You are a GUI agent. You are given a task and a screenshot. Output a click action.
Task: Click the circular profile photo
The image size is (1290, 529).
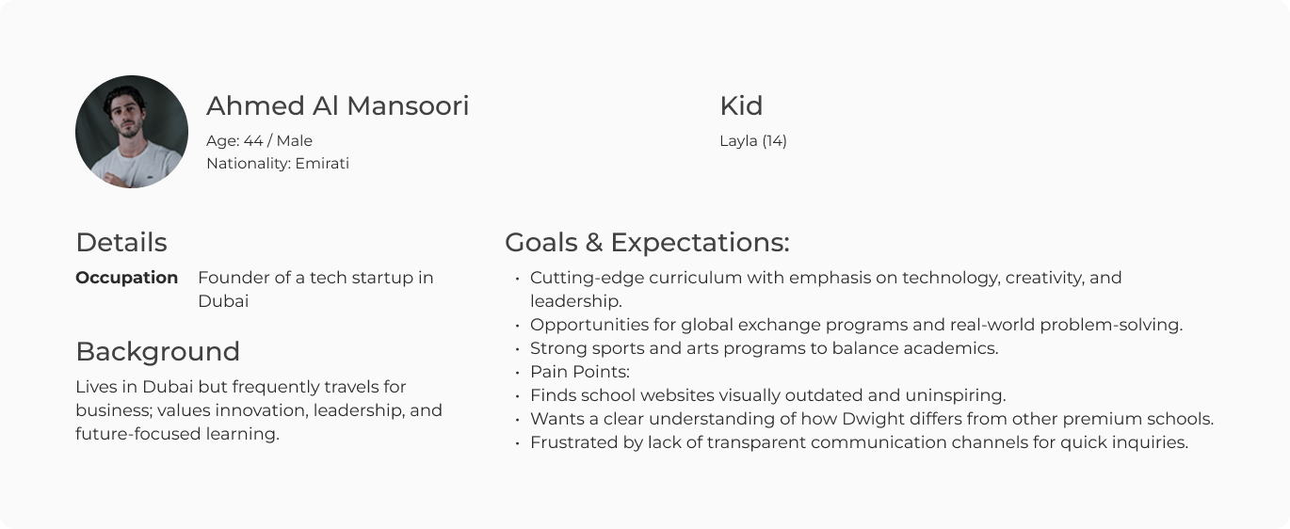[x=132, y=132]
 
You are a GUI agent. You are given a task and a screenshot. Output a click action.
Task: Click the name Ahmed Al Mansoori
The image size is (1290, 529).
[x=337, y=106]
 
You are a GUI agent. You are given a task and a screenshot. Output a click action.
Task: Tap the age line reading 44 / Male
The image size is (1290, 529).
[x=259, y=141]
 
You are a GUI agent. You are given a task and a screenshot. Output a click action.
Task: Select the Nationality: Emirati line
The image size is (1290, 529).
[x=278, y=164]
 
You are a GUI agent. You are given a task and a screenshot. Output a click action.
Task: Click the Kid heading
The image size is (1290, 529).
[x=741, y=106]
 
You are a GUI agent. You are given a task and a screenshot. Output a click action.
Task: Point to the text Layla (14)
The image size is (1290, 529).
[x=753, y=141]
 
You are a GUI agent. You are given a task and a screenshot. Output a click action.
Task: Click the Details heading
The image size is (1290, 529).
[x=121, y=243]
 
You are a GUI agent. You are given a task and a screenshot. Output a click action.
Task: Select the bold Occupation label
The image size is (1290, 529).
[x=126, y=278]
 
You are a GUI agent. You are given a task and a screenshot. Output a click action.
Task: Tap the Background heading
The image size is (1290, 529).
[x=157, y=352]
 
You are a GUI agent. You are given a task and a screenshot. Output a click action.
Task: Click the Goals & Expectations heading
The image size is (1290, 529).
[x=647, y=243]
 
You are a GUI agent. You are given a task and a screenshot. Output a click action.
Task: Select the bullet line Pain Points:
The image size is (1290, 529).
[x=579, y=372]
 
